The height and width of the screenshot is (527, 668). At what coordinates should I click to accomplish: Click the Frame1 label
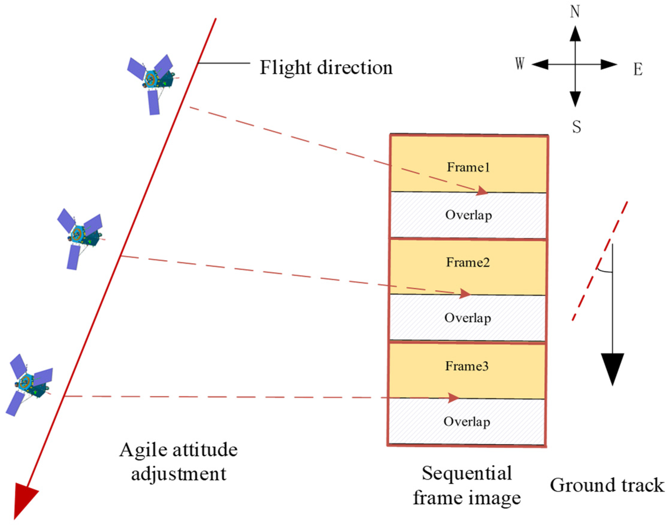tap(468, 167)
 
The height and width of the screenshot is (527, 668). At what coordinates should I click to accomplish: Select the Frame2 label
tap(468, 263)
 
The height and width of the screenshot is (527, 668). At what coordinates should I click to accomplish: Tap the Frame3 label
tap(467, 366)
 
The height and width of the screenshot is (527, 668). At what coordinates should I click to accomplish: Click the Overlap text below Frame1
tap(468, 215)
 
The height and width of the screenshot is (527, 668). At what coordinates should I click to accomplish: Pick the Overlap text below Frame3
tap(467, 422)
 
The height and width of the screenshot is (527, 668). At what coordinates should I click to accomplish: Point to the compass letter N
tap(575, 12)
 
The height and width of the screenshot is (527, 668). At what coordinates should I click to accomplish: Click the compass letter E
tap(638, 69)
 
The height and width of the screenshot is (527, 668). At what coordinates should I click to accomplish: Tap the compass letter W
tap(520, 64)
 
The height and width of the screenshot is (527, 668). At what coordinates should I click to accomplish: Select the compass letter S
tap(576, 127)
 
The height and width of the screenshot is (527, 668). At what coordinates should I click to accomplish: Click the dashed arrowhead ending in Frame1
tap(482, 191)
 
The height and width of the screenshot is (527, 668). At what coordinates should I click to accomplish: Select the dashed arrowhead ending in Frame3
tap(453, 398)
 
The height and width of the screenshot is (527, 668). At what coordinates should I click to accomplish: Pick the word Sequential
tap(467, 473)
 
